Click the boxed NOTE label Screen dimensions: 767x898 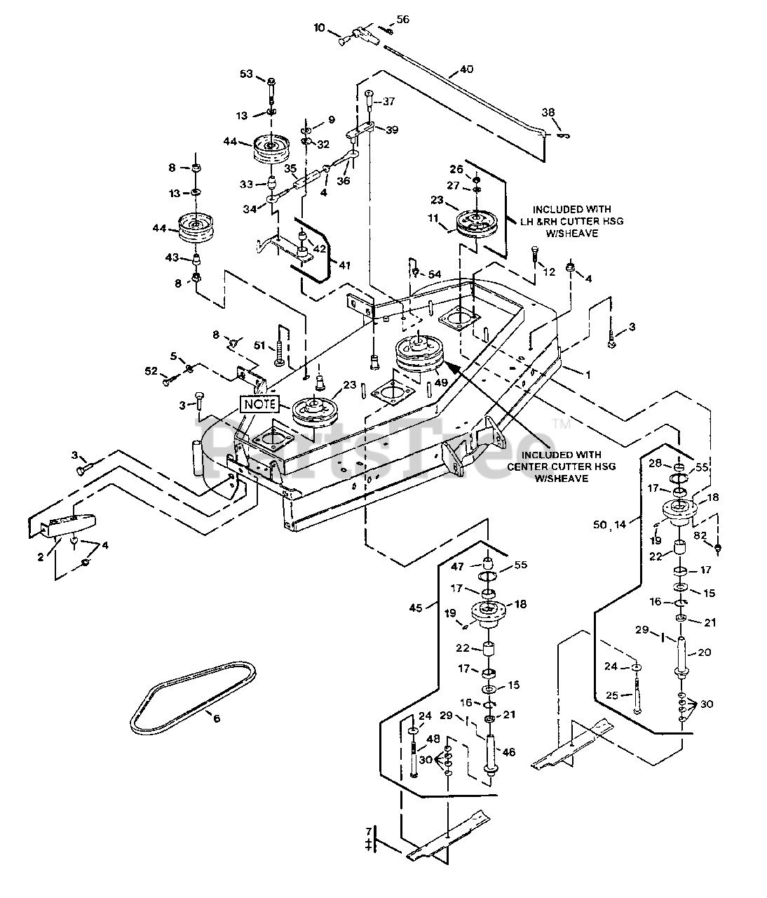pos(260,404)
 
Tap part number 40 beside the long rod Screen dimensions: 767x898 pos(466,69)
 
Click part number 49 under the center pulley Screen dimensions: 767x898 pos(441,382)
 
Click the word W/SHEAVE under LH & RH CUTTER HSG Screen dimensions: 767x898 pos(571,234)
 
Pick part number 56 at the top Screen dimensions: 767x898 pos(402,20)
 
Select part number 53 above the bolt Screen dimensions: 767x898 pos(246,74)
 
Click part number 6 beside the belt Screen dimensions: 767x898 pos(217,718)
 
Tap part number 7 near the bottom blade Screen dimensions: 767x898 pos(369,831)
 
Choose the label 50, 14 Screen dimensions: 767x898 pos(609,525)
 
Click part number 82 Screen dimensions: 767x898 pos(700,535)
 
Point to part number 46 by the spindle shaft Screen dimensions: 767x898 pos(508,752)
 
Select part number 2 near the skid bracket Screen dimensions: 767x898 pos(41,557)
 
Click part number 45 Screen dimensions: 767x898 pos(416,608)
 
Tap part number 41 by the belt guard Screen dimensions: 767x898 pos(344,265)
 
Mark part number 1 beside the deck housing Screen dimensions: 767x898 pos(588,375)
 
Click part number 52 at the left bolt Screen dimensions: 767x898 pos(151,370)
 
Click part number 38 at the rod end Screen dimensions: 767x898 pos(548,112)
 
